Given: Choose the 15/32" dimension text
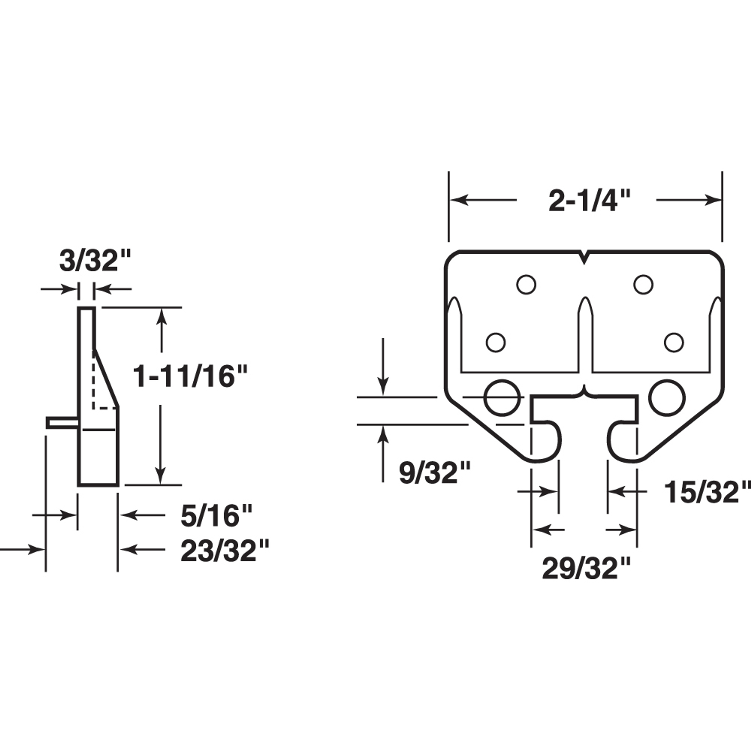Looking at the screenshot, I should (x=705, y=492).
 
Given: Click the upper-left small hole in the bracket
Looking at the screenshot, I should (x=526, y=285).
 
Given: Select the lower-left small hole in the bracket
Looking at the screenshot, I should (x=496, y=342).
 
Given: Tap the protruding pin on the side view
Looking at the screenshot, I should (x=62, y=422).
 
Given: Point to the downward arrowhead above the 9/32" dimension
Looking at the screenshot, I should (x=383, y=389).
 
